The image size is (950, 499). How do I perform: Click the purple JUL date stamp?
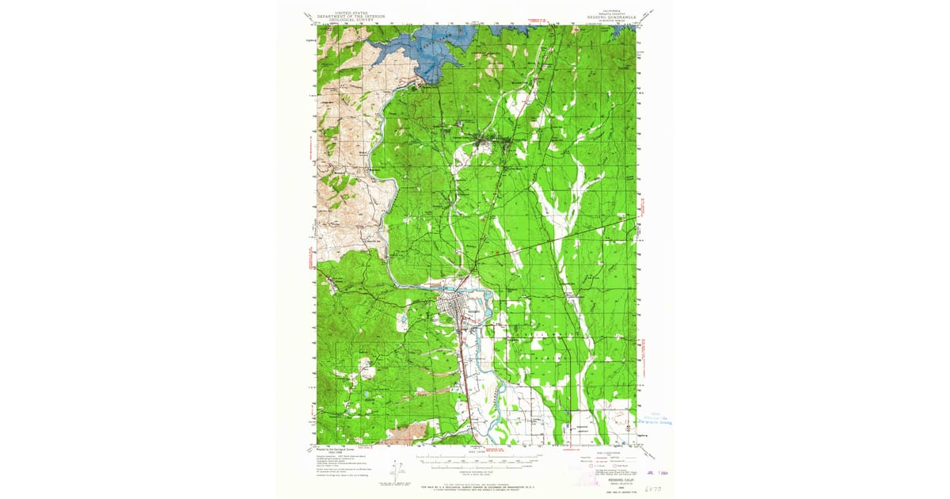[x=651, y=475]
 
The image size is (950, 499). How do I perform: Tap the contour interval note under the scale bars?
[x=476, y=471]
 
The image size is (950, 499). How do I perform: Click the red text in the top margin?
[x=537, y=17]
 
